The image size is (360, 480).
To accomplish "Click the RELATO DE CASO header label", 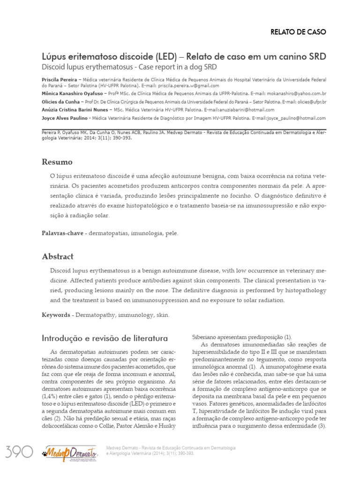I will click(x=298, y=32).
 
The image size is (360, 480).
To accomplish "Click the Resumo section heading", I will click(x=57, y=162).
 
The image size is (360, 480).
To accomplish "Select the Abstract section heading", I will click(x=58, y=257).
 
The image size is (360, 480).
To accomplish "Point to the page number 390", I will click(x=19, y=452).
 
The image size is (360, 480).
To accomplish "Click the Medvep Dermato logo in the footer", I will click(x=69, y=453).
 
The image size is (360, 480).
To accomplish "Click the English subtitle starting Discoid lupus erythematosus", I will click(x=129, y=67).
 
